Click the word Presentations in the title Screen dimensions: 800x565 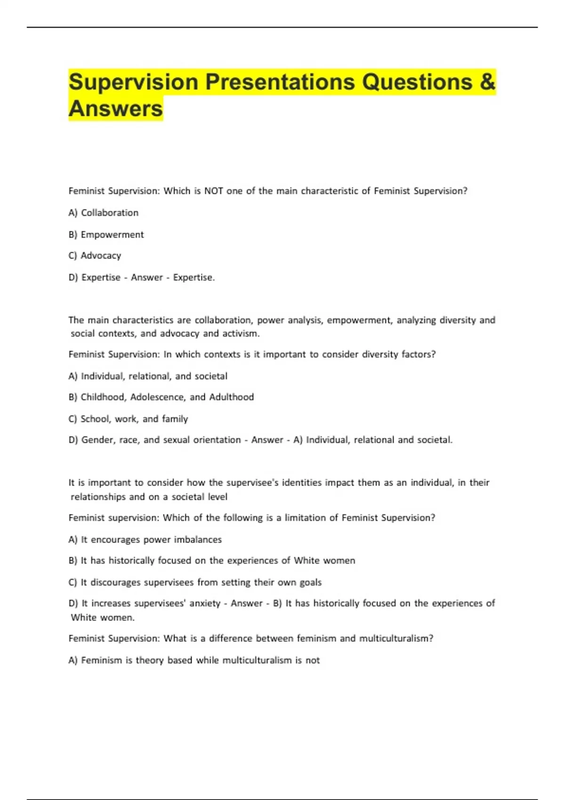280,82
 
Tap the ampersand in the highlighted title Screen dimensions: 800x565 488,82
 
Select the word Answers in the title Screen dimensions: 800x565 116,108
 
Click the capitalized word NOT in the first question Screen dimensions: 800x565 213,191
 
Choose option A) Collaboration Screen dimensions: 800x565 104,213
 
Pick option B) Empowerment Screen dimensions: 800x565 106,234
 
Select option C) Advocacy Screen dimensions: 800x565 95,256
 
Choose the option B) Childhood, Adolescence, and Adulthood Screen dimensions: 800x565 161,397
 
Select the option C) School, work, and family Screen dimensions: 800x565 128,419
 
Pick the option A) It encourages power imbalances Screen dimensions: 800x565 145,540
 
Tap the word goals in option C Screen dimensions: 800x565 310,583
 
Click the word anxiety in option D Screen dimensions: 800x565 205,604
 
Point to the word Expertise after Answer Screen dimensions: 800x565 193,278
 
